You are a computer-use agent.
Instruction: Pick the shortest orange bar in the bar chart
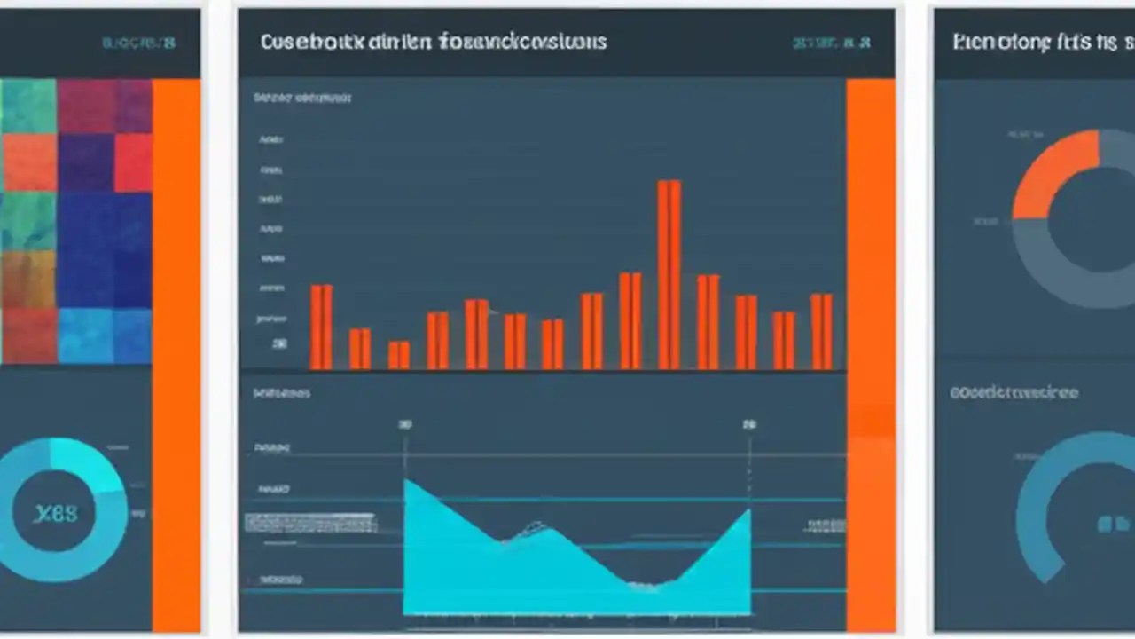pyautogui.click(x=399, y=354)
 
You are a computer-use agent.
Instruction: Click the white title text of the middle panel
pyautogui.click(x=434, y=42)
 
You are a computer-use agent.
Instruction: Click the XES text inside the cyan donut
pyautogui.click(x=56, y=513)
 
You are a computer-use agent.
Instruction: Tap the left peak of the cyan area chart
pyautogui.click(x=407, y=484)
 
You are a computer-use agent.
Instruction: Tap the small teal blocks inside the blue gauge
pyautogui.click(x=1114, y=524)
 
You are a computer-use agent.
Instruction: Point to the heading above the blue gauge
pyautogui.click(x=1014, y=392)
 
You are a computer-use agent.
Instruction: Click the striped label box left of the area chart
pyautogui.click(x=310, y=523)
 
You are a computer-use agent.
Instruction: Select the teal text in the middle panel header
pyautogui.click(x=832, y=42)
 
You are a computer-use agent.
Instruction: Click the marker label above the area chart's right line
pyautogui.click(x=749, y=425)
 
